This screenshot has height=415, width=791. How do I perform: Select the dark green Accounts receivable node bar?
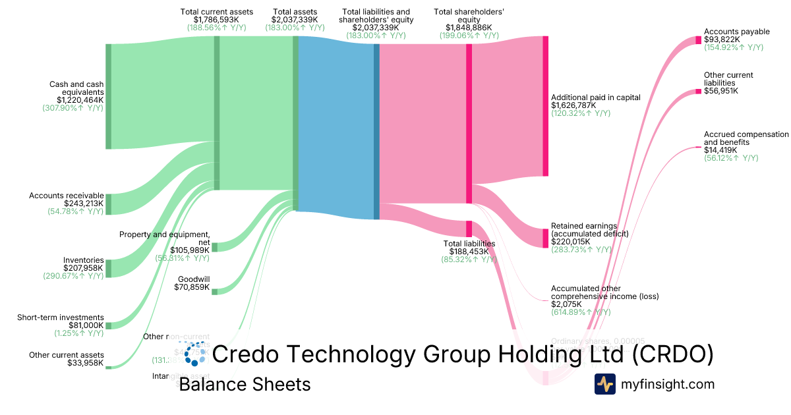[109, 204]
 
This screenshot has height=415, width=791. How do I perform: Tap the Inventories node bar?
[109, 268]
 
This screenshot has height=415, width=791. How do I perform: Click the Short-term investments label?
[61, 317]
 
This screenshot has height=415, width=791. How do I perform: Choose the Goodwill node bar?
[214, 291]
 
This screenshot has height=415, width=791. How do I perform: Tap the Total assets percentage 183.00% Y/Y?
[295, 28]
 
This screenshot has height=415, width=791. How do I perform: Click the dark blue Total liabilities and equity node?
[376, 127]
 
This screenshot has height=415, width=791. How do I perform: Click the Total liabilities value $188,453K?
[469, 251]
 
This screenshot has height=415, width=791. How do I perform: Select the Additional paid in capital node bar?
[545, 106]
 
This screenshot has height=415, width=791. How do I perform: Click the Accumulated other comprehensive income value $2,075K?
[566, 304]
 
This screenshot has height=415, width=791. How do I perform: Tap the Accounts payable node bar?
[698, 40]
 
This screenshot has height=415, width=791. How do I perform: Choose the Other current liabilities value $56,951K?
[720, 90]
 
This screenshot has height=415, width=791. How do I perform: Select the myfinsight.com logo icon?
[604, 384]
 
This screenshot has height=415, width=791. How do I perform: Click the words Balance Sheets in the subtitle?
[245, 384]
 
